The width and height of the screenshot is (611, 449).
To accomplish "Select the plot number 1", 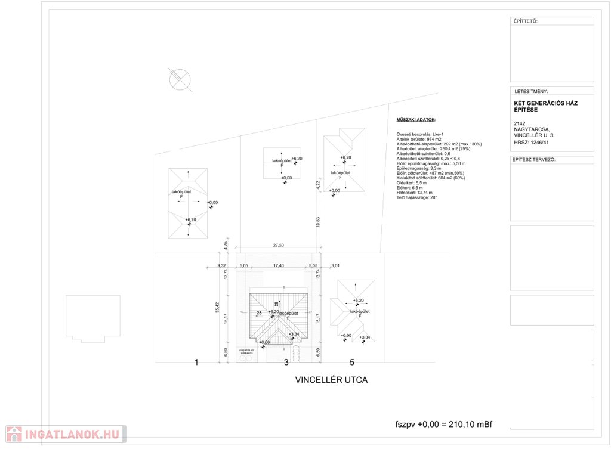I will pos(196,362).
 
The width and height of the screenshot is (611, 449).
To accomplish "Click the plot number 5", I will pos(352,362).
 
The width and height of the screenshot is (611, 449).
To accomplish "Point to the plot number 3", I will pos(286,362).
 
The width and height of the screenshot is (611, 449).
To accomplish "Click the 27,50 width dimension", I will pos(278,245).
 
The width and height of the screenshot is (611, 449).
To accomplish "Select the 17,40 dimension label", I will pos(278,265).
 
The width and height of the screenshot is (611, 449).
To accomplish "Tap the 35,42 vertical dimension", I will pos(218,306).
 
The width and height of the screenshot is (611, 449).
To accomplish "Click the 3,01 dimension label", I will pos(335,265).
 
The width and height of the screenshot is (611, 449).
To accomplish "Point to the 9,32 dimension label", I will pos(222,265).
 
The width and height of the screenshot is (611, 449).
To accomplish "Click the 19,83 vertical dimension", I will pos(318,221).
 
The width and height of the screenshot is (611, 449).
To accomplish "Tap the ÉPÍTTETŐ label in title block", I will pos(526,21).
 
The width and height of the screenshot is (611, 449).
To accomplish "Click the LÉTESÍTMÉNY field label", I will pos(531,92).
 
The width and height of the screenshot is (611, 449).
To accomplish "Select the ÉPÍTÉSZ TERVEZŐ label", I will pos(534,160).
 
